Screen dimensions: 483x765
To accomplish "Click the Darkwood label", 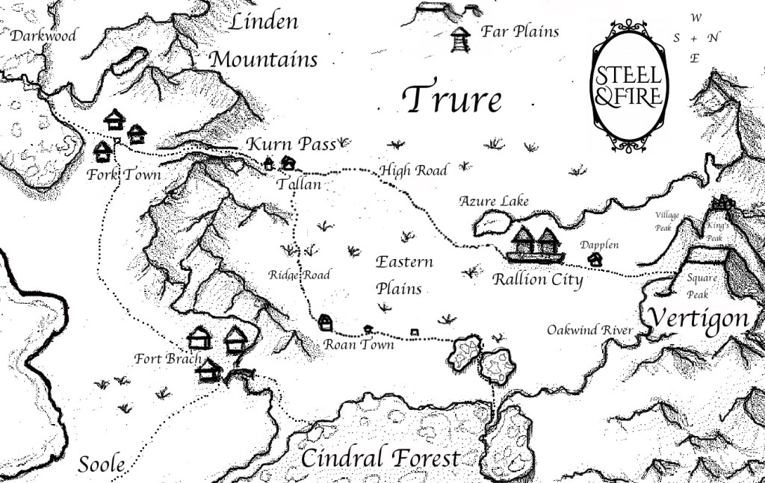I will pyautogui.click(x=43, y=36).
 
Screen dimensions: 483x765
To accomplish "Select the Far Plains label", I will pyautogui.click(x=520, y=31).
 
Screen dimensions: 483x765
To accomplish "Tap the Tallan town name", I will pyautogui.click(x=299, y=184).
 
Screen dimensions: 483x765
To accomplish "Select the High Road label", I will pyautogui.click(x=413, y=171).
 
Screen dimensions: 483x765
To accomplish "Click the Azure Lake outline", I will pyautogui.click(x=492, y=222).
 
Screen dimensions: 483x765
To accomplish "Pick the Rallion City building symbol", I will pyautogui.click(x=536, y=245).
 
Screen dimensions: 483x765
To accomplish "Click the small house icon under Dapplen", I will pyautogui.click(x=595, y=260).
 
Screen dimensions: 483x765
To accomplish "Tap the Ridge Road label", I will pyautogui.click(x=299, y=275).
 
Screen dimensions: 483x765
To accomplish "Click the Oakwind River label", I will pyautogui.click(x=590, y=330).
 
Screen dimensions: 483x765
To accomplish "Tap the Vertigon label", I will pyautogui.click(x=698, y=319).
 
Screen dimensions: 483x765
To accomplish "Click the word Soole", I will pyautogui.click(x=101, y=464).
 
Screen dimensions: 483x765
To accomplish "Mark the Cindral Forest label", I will pyautogui.click(x=380, y=458).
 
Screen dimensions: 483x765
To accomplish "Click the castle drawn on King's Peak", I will pyautogui.click(x=722, y=202).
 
